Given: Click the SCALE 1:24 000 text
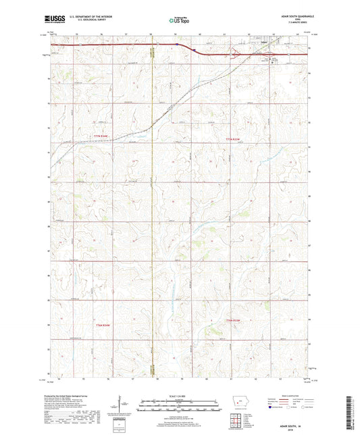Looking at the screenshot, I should pyautogui.click(x=179, y=396).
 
